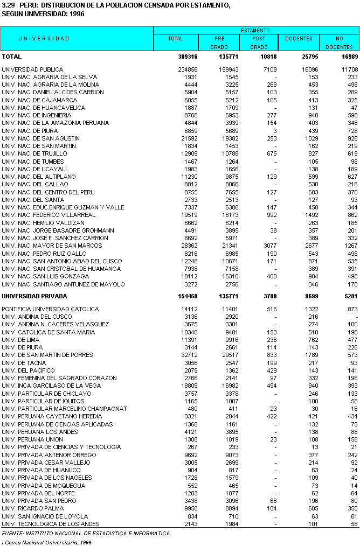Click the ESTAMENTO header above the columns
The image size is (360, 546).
[255, 31]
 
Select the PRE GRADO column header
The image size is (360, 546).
[219, 43]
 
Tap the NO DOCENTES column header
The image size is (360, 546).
[339, 43]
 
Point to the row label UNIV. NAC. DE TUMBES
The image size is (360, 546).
[33, 162]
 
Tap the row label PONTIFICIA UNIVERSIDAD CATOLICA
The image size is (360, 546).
[51, 309]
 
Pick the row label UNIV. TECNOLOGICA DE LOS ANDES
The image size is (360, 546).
[51, 524]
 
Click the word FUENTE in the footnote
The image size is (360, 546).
[12, 534]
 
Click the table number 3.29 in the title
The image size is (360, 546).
[9, 5]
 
